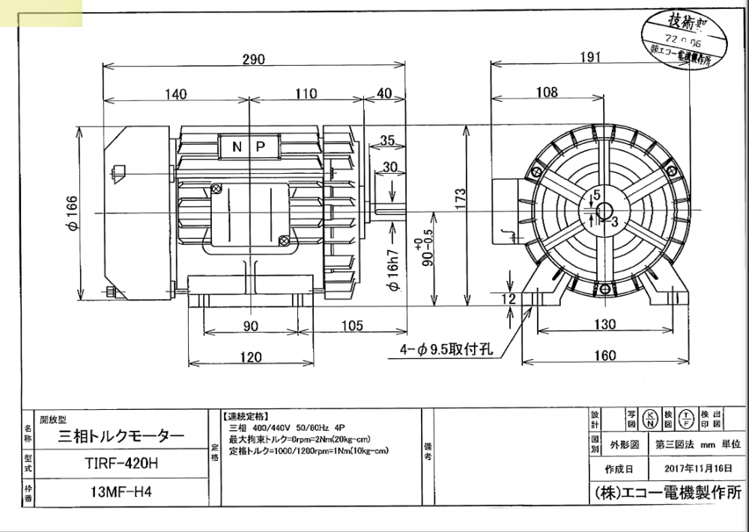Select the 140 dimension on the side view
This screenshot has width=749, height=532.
point(175,94)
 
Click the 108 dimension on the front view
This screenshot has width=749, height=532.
point(547,92)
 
